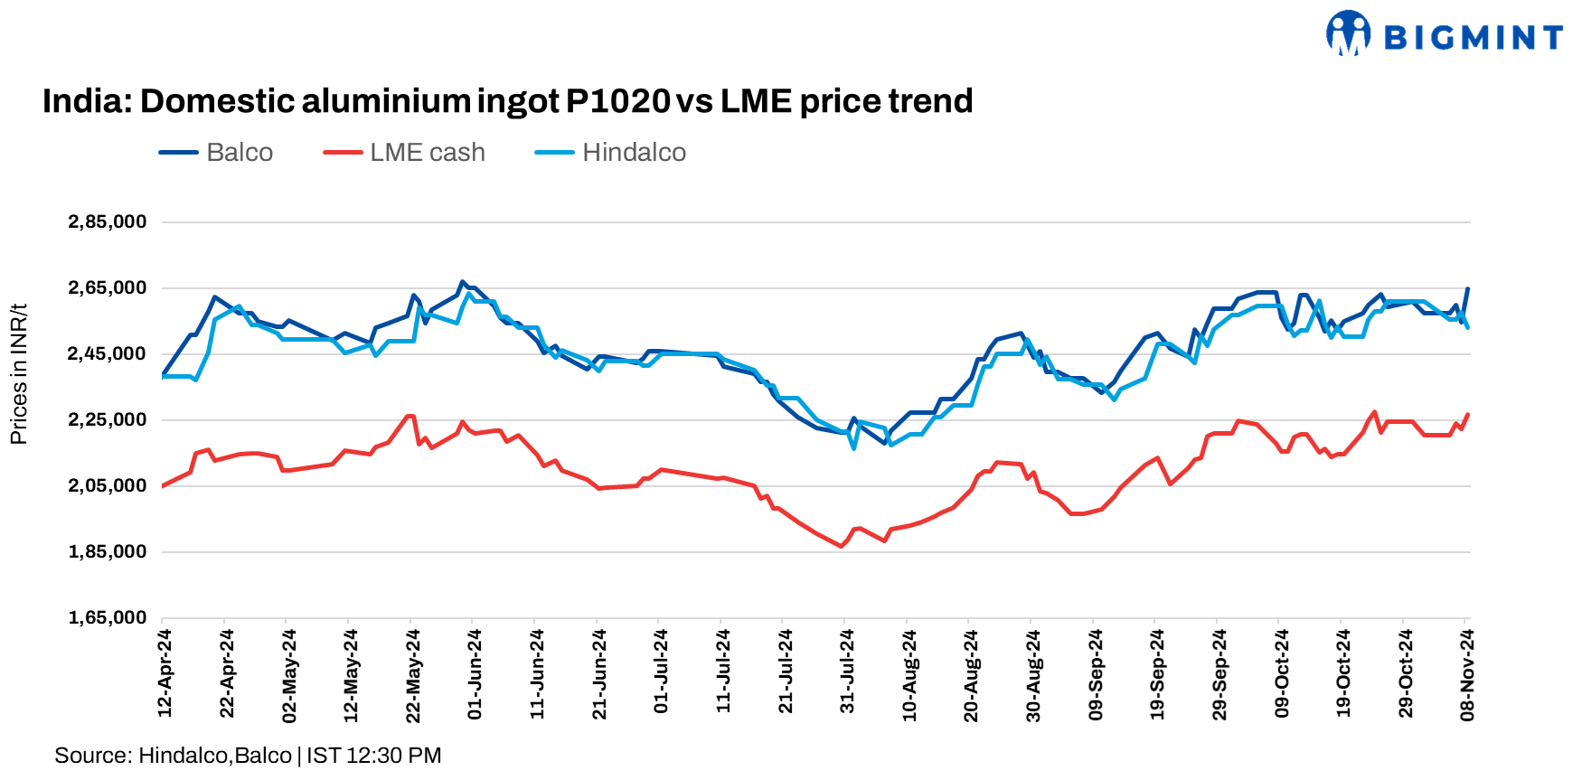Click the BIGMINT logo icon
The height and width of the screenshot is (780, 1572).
click(x=1348, y=34)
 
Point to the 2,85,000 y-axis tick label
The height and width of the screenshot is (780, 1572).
click(x=107, y=222)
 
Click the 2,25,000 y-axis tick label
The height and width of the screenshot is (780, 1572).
click(x=107, y=420)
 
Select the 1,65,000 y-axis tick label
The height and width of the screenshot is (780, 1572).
click(x=107, y=618)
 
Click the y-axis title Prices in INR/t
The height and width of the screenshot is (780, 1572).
click(x=19, y=374)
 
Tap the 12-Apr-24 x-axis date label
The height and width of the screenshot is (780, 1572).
click(x=165, y=673)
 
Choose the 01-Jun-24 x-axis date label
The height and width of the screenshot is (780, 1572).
click(x=475, y=673)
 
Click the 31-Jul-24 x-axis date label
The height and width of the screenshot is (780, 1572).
click(x=847, y=673)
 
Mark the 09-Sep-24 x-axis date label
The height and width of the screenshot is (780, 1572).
click(x=1096, y=673)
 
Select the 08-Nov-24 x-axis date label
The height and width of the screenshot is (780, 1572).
click(x=1467, y=673)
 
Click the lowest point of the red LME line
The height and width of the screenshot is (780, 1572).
click(x=842, y=546)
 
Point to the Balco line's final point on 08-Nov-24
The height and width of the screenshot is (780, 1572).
click(x=1467, y=289)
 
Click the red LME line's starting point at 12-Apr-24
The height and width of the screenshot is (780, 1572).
click(x=163, y=486)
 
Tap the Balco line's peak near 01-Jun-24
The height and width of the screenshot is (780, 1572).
click(x=462, y=282)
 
